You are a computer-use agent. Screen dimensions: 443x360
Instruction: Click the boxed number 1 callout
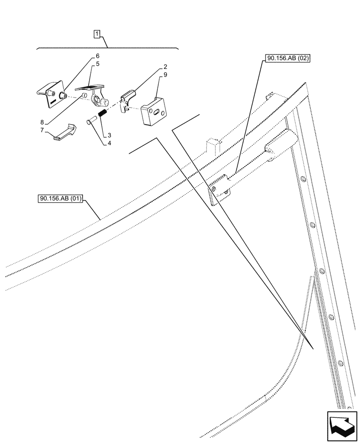click(x=97, y=34)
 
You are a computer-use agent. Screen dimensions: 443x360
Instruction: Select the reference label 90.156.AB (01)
click(x=60, y=199)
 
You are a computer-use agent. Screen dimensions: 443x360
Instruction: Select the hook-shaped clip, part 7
click(x=63, y=132)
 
